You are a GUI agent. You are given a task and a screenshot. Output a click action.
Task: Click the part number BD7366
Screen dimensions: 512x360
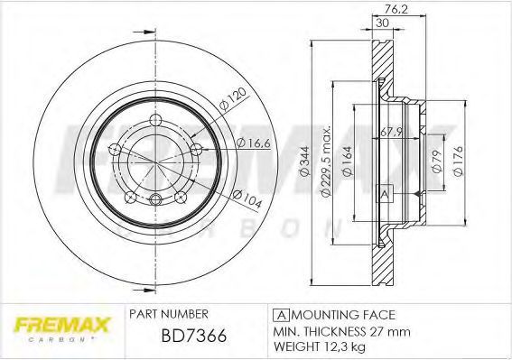(x=193, y=336)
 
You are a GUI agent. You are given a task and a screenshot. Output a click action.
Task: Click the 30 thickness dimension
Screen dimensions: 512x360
(x=382, y=23)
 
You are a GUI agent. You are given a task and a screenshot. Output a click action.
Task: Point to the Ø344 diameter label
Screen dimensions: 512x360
(x=304, y=162)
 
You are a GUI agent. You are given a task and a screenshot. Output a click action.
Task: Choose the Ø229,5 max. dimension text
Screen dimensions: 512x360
(x=327, y=161)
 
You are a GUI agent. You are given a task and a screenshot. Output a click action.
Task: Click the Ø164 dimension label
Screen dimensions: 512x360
(x=348, y=162)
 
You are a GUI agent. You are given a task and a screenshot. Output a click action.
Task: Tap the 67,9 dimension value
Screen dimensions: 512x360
(x=391, y=132)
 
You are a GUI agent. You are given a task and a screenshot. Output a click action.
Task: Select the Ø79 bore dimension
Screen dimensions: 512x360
(x=437, y=162)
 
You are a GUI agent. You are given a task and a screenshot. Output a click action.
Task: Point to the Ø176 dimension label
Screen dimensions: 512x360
(x=459, y=162)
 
